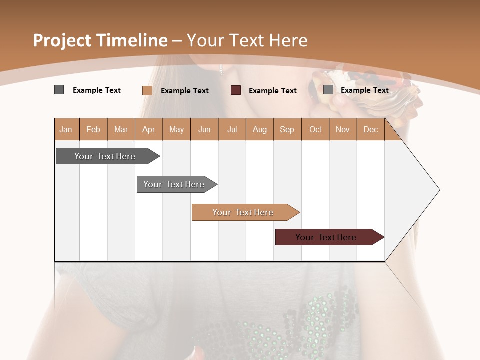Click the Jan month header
66,129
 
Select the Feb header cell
93,129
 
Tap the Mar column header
121,129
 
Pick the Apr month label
149,129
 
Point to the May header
176,129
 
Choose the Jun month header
204,129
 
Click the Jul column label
232,129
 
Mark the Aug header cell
260,129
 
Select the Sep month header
287,129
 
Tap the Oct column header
315,129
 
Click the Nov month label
343,129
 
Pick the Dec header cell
370,129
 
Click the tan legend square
147,90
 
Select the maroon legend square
236,90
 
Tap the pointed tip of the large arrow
438,190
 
